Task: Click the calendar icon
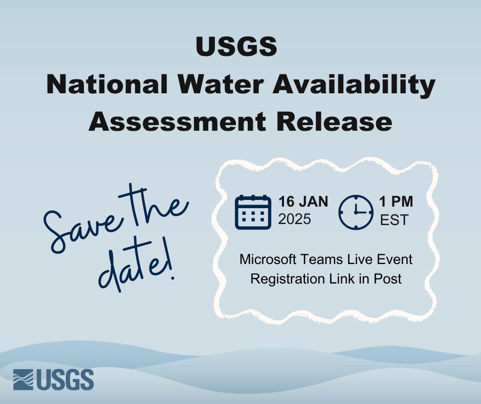click(253, 212)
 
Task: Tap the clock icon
click(356, 212)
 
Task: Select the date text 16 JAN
click(303, 202)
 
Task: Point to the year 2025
click(295, 219)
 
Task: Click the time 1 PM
click(396, 202)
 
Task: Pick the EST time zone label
click(395, 220)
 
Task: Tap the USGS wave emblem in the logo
click(24, 380)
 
